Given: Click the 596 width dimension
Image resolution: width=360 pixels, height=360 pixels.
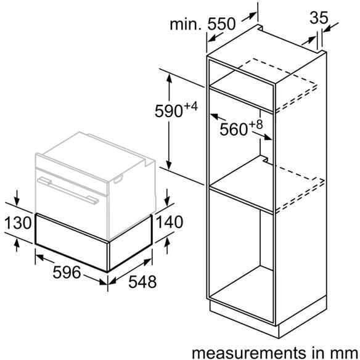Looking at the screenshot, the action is click(67, 272).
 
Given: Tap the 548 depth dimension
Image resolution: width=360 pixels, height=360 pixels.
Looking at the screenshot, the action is click(142, 282).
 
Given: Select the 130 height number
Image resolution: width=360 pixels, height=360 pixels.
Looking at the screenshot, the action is click(18, 223).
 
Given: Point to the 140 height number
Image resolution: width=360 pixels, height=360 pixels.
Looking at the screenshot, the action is click(170, 222).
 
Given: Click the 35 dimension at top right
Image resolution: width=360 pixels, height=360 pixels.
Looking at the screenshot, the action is click(319, 17).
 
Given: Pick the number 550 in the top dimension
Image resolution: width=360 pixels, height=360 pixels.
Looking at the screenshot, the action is click(221, 23).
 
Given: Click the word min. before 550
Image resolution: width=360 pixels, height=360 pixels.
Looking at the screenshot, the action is click(186, 24).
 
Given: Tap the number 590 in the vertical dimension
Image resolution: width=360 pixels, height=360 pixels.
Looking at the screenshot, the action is click(169, 111).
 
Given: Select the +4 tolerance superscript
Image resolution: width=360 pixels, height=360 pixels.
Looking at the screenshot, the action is click(190, 106).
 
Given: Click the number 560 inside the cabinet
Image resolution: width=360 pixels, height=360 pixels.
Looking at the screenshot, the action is click(234, 129).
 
